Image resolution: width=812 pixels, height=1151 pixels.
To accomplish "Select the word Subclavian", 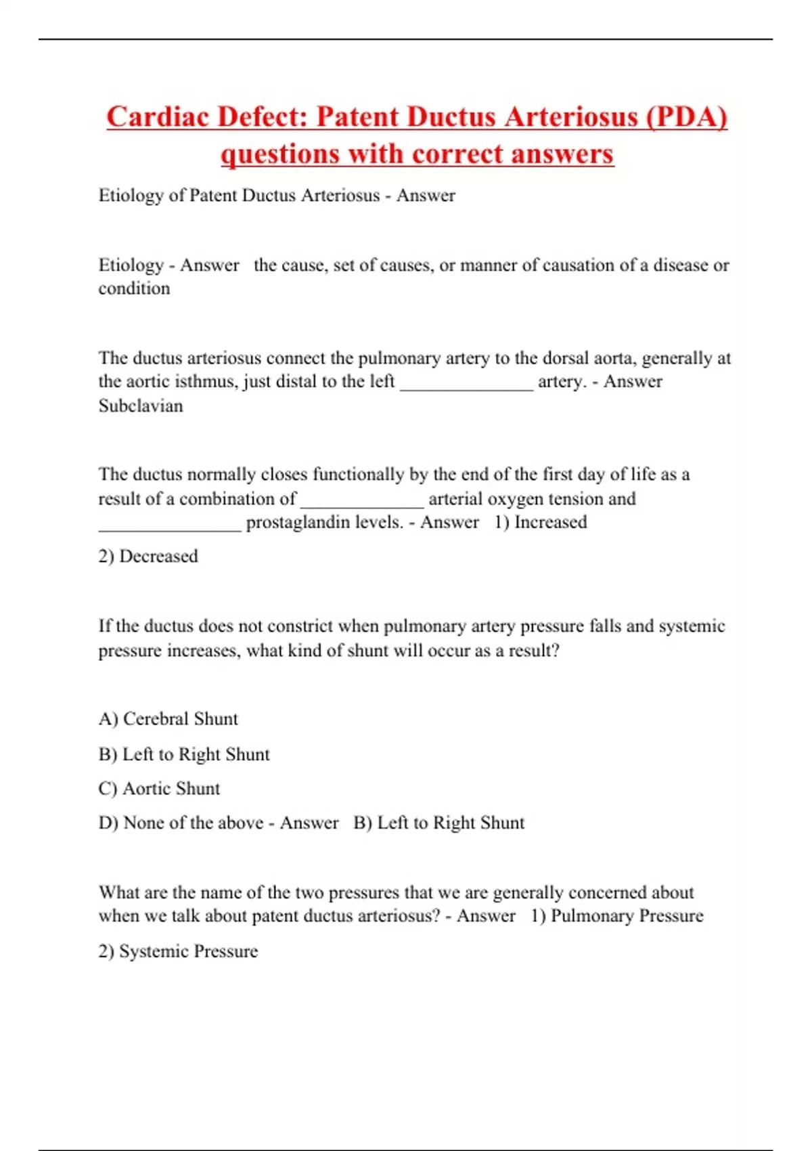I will (141, 406).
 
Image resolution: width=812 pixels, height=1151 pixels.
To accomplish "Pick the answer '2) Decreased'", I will (148, 557).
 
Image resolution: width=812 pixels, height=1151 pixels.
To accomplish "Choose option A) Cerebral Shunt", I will (168, 719).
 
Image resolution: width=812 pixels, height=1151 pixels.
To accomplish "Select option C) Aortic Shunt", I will (160, 789).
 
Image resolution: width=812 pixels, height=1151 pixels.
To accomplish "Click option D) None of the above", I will (181, 823).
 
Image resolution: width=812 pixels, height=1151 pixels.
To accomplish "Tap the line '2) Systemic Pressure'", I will (178, 951).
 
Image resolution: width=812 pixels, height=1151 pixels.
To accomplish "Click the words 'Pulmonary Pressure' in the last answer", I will (627, 916).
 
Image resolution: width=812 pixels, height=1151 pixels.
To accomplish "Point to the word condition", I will (134, 288).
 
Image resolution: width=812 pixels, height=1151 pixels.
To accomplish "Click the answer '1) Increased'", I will (541, 522).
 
